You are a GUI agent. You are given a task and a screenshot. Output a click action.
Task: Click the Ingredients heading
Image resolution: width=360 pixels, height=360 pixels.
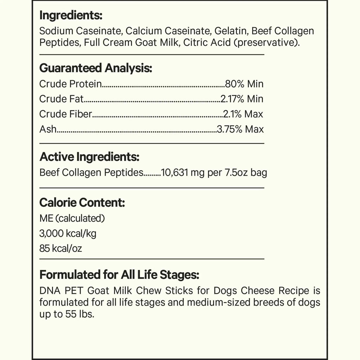[x=71, y=15]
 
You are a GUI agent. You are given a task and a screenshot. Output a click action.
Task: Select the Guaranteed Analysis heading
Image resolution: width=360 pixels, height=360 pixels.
[x=96, y=68]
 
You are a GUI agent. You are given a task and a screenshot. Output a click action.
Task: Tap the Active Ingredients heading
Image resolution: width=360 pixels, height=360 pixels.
[x=89, y=157]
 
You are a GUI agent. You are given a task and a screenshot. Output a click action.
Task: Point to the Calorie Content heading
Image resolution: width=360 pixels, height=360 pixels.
[x=82, y=203]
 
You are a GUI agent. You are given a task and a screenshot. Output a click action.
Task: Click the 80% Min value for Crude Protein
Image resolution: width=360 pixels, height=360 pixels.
[x=244, y=84]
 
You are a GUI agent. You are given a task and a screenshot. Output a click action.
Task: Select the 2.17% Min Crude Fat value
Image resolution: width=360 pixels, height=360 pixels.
[x=242, y=99]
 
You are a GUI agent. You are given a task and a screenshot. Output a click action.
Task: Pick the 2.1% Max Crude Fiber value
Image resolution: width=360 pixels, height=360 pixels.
[x=243, y=114]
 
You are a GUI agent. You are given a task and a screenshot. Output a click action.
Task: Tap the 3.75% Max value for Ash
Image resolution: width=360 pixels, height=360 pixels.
[x=240, y=129]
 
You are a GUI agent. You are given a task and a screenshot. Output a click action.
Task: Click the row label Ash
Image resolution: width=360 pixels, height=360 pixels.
[x=48, y=129]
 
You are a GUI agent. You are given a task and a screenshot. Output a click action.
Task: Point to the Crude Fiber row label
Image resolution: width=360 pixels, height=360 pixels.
[x=66, y=114]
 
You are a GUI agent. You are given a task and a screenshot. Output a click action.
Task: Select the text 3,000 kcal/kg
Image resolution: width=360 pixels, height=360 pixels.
[x=68, y=233]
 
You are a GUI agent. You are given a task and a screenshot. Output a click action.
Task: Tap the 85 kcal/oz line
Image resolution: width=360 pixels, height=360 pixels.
[x=60, y=249]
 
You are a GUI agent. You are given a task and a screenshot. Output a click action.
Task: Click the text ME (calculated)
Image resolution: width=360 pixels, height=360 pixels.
[x=72, y=218]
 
